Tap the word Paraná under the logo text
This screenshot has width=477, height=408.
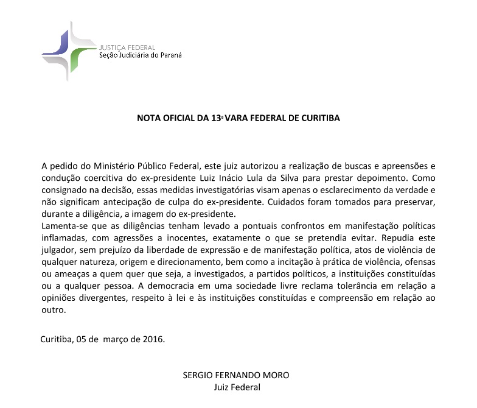169,55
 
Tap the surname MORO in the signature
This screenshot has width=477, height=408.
276,375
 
